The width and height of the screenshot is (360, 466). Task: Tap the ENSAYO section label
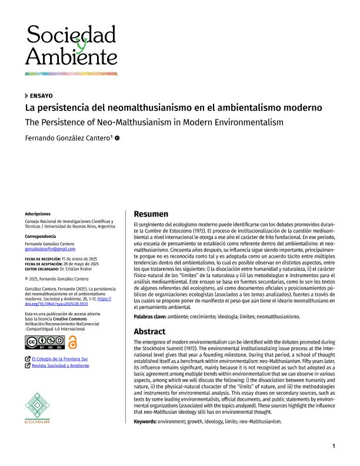pyautogui.click(x=41, y=95)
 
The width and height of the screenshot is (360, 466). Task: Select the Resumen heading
pyautogui.click(x=151, y=214)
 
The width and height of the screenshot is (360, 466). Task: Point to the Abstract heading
pyautogui.click(x=150, y=331)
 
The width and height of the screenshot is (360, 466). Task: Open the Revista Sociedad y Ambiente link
pyautogui.click(x=61, y=365)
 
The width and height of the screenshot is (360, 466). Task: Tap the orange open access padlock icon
pyautogui.click(x=73, y=342)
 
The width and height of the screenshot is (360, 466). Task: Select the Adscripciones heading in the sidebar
pyautogui.click(x=38, y=214)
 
